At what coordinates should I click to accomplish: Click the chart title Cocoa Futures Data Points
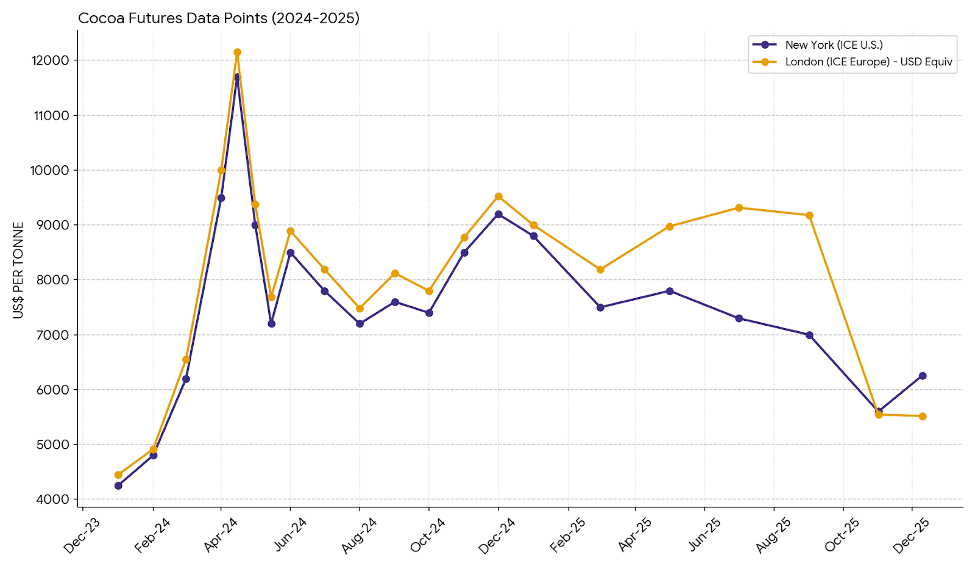coord(219,18)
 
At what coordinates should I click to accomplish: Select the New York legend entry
coord(834,45)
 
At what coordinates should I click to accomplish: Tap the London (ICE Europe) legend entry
coord(868,62)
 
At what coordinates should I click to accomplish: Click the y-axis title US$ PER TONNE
coord(18,270)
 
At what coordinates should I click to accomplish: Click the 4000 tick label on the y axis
coord(53,499)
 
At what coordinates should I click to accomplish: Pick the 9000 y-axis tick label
coord(53,225)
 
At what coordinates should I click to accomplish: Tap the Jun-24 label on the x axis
coord(290,534)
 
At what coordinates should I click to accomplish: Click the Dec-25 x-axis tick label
coord(911,535)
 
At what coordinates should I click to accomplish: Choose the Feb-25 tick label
coord(568,535)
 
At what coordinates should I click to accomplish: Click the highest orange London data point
coord(237,52)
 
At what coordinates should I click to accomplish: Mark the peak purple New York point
coord(237,77)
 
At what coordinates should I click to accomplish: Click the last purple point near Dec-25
coord(923,376)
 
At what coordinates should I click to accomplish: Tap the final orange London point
coord(923,417)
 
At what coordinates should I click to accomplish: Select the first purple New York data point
coord(118,486)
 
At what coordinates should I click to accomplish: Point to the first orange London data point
coord(118,475)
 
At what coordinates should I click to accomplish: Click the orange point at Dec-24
coord(498,196)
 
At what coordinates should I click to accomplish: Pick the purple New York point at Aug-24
coord(360,324)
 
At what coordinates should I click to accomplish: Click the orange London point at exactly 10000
coord(221,170)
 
